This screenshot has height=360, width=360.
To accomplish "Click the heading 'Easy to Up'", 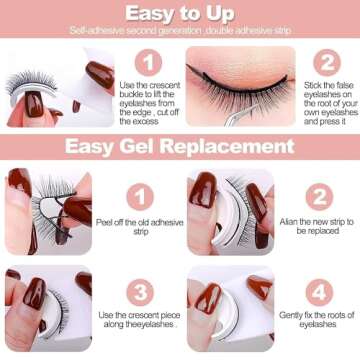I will point(180,12).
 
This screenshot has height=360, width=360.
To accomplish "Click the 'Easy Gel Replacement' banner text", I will point(180,147).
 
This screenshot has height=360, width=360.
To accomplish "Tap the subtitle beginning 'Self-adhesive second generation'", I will point(180,31).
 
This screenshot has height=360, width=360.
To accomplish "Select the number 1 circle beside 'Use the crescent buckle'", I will point(148,62).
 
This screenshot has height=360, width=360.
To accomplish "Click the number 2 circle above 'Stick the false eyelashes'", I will point(326,62).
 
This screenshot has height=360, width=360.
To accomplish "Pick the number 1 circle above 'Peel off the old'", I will point(139,195).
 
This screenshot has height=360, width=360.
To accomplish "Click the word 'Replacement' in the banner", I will point(236,147).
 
